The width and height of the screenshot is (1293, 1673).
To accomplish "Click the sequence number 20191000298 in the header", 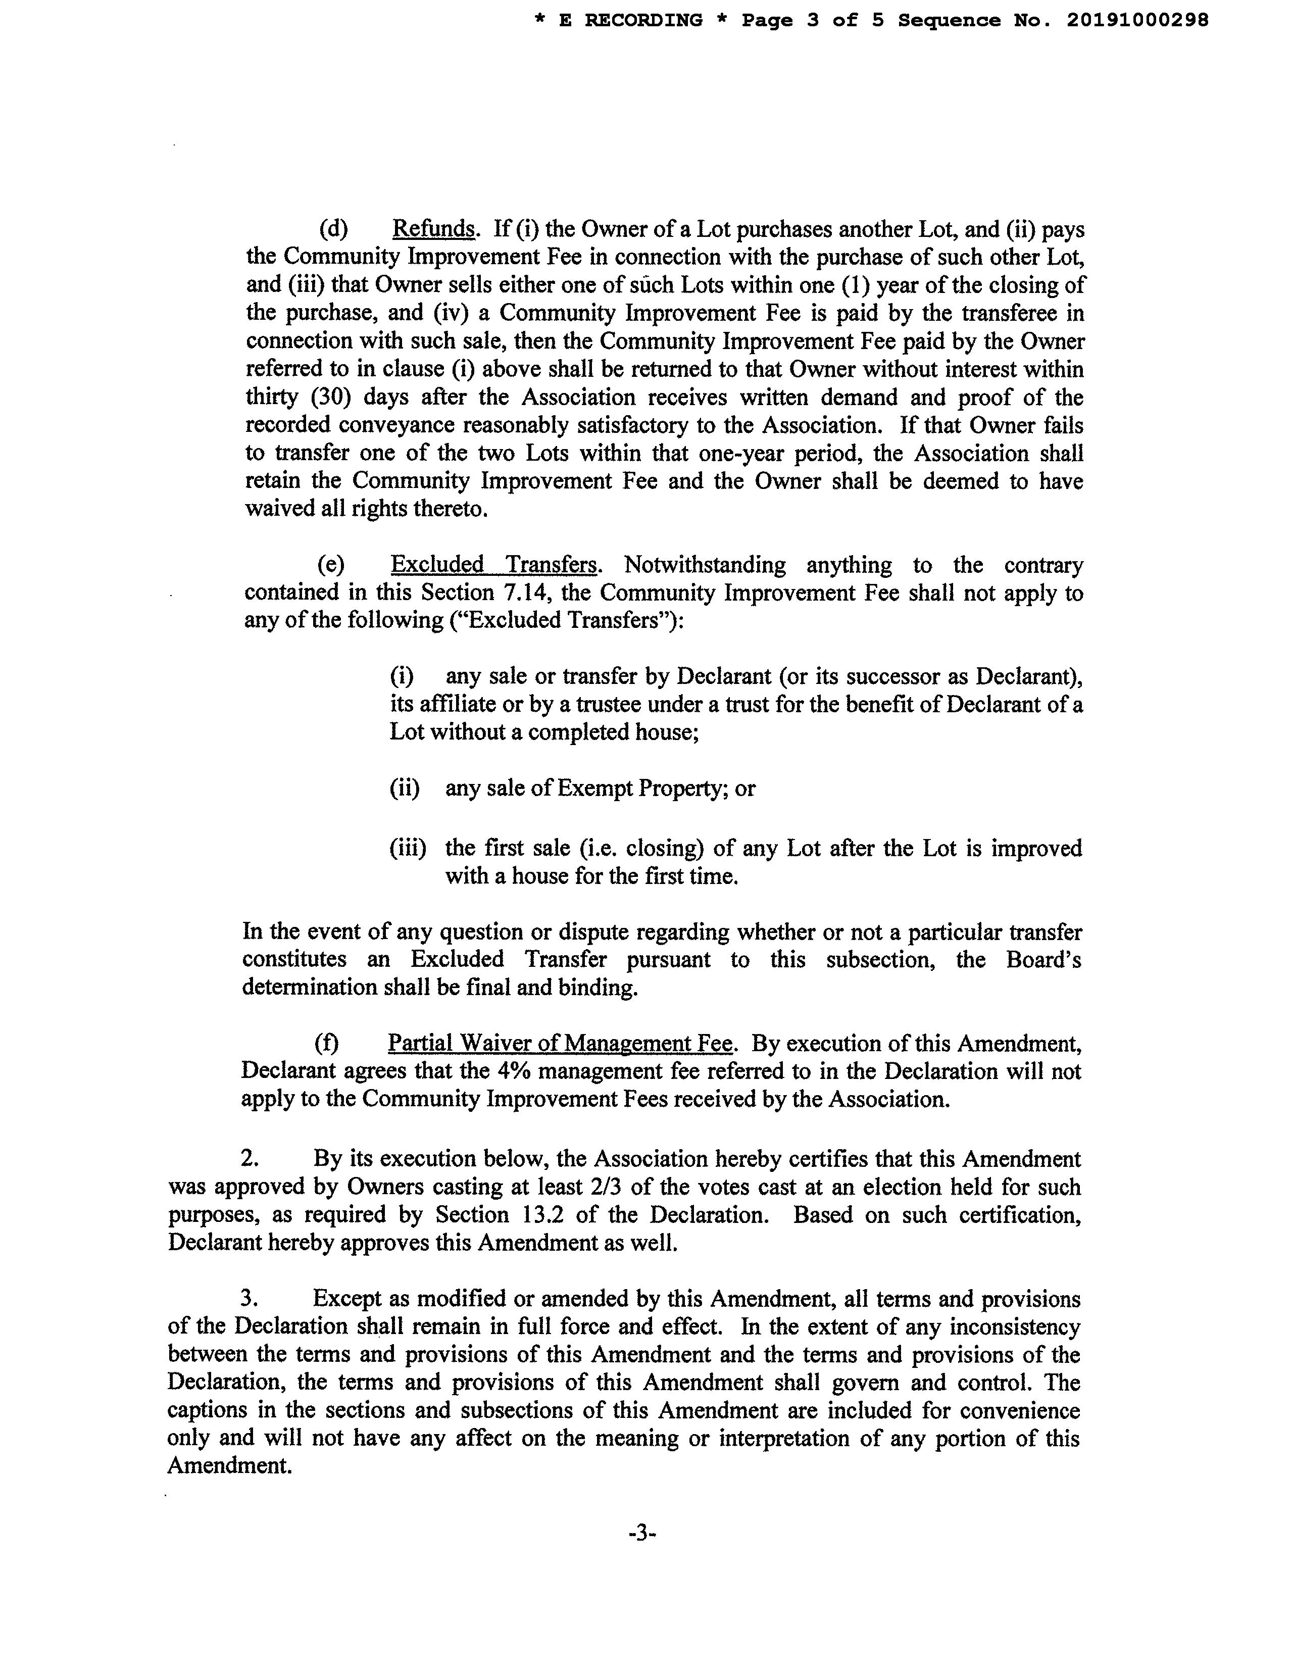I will point(1137,21).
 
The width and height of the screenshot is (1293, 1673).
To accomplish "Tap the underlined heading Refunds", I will point(433,228).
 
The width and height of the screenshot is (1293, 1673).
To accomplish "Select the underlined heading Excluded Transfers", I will point(494,565).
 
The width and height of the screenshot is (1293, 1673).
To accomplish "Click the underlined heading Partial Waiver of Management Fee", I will point(560,1043).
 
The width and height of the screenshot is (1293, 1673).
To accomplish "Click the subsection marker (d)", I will point(333,228).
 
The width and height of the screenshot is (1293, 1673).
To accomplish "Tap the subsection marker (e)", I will point(331,565).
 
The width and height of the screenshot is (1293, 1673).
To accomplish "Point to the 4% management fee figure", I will point(512,1071).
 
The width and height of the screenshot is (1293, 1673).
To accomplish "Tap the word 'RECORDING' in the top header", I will point(643,21).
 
